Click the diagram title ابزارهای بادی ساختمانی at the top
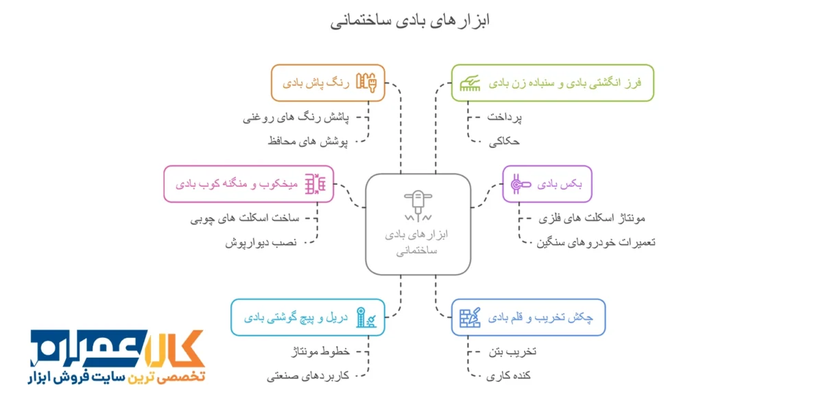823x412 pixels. pos(410,21)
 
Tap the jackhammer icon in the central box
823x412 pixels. pos(418,206)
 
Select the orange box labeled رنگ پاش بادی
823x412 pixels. pos(328,83)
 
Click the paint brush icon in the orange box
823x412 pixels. pos(366,82)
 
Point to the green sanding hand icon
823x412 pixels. pos(470,83)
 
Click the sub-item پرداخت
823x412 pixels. pos(504,117)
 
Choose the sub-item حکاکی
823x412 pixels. pos(504,141)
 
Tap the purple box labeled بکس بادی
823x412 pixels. pos(547,184)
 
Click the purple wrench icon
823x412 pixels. pos(521,184)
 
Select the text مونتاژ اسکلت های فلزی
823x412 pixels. pos(592,218)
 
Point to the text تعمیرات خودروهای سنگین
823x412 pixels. pos(596,242)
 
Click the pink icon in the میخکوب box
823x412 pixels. pos(315,184)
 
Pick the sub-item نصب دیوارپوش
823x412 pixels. pos(261,243)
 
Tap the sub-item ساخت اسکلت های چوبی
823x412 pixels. pos(245,218)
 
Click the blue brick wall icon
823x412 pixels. pos(470,317)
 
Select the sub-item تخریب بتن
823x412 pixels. pos(512,352)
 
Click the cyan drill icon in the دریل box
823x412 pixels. pos(366,317)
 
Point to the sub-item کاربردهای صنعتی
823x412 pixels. pos(308,376)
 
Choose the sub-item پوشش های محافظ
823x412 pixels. pos(308,141)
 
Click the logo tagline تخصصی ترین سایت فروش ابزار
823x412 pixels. pos(117,378)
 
